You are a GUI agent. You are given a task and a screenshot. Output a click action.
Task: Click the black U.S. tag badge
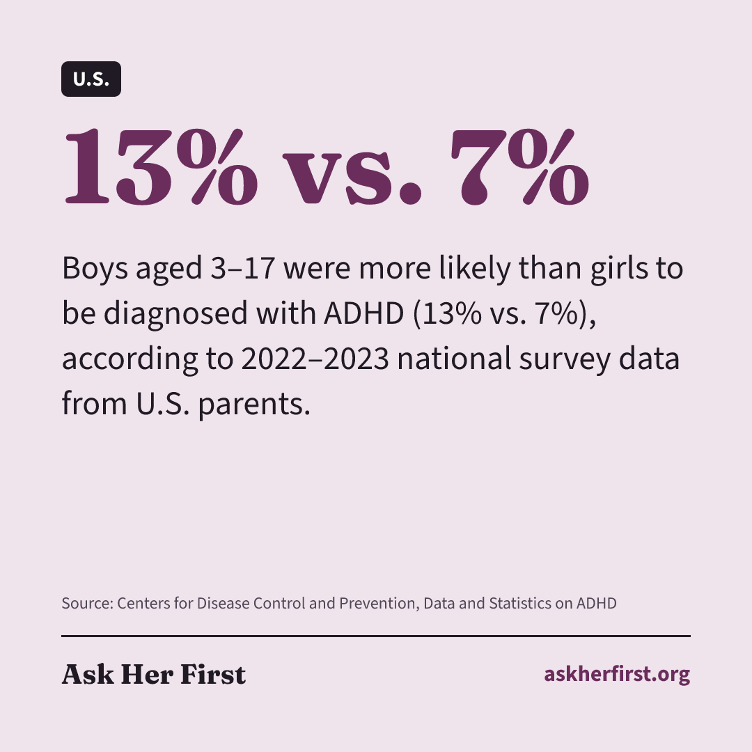click(91, 79)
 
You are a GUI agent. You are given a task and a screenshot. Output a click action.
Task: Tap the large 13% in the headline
click(161, 167)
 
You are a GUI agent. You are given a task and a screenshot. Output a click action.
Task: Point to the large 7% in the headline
click(520, 167)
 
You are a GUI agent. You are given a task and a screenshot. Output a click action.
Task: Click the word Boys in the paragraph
click(95, 269)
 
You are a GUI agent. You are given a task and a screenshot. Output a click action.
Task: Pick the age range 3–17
click(243, 268)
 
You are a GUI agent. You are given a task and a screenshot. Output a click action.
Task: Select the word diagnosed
click(175, 314)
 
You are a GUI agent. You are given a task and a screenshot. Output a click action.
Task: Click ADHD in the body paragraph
click(364, 313)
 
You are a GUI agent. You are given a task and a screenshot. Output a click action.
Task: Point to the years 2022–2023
click(315, 359)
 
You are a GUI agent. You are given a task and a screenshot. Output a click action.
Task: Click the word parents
click(254, 405)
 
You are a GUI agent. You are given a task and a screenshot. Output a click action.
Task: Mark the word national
click(454, 359)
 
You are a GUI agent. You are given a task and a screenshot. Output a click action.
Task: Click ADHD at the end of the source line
click(597, 603)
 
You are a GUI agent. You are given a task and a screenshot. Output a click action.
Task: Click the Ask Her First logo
click(154, 674)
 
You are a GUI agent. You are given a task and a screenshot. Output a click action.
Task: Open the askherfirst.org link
click(617, 674)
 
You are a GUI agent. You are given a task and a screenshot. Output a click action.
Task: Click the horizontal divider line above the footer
click(376, 636)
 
